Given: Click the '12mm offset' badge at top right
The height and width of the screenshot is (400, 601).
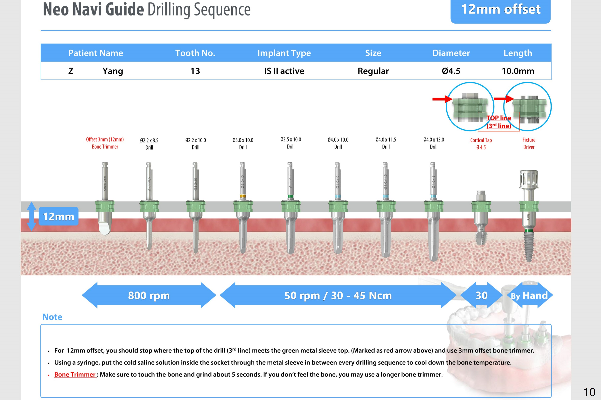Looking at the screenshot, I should pos(500,10).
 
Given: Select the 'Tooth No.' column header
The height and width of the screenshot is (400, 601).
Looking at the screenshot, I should pos(195,53).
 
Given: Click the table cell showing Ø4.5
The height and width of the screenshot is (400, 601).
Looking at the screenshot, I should pos(451,71).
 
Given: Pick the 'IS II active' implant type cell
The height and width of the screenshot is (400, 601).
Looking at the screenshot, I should pos(284,71).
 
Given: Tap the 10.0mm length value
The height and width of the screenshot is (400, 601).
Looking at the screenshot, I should pos(518,71).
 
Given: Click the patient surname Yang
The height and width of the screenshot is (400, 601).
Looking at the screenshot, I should pos(113,71).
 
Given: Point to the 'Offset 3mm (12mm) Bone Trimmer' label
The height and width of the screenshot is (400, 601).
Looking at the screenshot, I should pos(105,143).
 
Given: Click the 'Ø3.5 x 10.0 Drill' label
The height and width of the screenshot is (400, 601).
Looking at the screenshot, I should pos(291,143).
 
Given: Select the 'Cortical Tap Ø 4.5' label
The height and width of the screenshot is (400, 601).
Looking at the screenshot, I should pos(481,144).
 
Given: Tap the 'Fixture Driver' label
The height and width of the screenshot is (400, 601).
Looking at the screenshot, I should pos(529,143).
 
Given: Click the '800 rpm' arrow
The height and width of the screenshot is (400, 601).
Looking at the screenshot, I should pos(149,295).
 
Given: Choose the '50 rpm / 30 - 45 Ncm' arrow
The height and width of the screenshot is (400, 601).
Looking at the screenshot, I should pos(338,295).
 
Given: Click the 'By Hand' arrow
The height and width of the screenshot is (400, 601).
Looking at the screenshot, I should pos(530,295).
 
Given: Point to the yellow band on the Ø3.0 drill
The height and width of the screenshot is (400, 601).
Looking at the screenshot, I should pos(243,196).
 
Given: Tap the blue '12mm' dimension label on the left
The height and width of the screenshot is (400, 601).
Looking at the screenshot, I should pos(58,216).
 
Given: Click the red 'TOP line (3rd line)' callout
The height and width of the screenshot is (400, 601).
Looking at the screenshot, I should pos(498,122).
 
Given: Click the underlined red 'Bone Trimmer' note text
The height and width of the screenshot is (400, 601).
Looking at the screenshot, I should pos(75,374).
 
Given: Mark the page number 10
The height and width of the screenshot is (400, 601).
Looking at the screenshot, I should pos(589,392).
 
